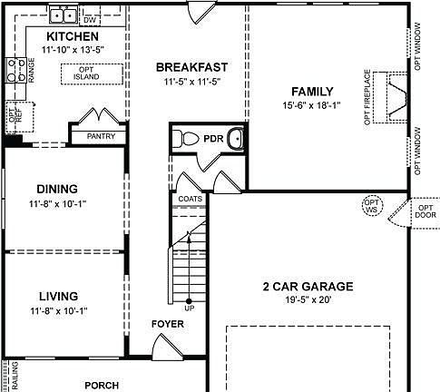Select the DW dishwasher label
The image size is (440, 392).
click(x=89, y=18)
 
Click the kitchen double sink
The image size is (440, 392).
click(x=64, y=15)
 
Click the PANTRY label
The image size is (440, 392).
click(x=101, y=136)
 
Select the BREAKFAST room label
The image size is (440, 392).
click(x=191, y=67)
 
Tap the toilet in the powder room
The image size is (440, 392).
click(x=186, y=140)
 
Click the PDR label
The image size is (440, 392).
click(x=214, y=140)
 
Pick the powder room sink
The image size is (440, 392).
click(x=235, y=140)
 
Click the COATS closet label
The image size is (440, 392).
click(x=190, y=199)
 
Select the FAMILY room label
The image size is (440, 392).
click(x=312, y=92)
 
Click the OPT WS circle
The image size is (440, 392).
click(x=371, y=206)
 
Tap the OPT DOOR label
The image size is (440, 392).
click(x=424, y=211)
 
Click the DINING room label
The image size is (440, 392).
click(x=58, y=189)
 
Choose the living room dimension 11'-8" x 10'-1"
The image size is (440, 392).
click(x=58, y=311)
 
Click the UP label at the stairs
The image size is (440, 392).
click(x=190, y=309)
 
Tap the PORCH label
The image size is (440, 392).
click(x=102, y=385)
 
